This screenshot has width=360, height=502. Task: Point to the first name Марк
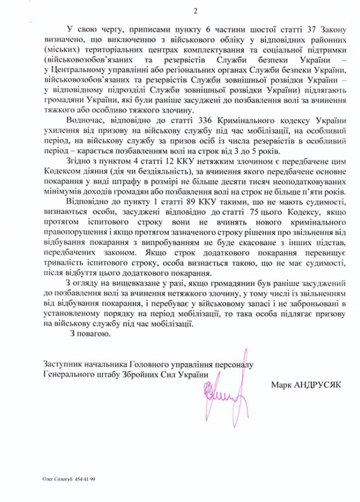pos(281,385)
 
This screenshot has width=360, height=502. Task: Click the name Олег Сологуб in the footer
pos(57,479)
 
